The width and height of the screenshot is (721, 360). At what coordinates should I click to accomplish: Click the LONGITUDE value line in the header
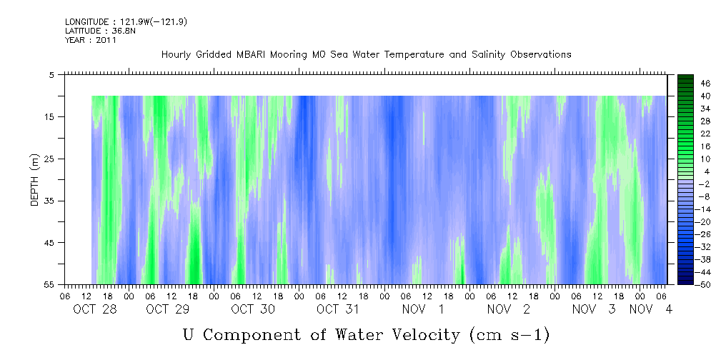tap(126, 21)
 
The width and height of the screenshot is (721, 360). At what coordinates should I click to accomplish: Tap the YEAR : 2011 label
tap(91, 40)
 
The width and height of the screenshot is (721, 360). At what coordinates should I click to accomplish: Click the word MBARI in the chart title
tap(252, 55)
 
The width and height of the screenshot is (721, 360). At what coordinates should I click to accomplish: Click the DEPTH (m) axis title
tap(35, 180)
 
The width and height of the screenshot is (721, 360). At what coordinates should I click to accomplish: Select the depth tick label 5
tap(51, 75)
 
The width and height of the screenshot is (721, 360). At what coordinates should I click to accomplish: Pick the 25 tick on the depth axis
tap(49, 159)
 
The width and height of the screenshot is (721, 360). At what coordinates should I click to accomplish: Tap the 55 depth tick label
tap(49, 284)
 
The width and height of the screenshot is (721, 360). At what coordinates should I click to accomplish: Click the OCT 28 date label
tap(95, 309)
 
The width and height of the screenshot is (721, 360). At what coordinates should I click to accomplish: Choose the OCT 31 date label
tap(338, 309)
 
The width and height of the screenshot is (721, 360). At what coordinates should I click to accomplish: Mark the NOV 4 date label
tap(651, 309)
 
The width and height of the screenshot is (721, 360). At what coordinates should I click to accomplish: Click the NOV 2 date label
tap(509, 309)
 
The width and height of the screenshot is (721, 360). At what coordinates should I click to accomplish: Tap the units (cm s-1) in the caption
tap(509, 335)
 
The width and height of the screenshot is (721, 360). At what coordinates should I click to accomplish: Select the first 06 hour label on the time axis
tap(65, 296)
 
